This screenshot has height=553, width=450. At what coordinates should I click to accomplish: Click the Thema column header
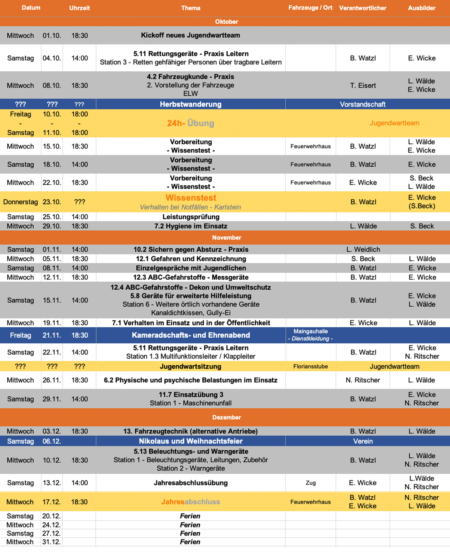click(x=191, y=8)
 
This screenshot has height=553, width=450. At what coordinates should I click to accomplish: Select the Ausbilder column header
click(x=422, y=8)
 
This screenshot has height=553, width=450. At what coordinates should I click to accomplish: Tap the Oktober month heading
click(x=226, y=22)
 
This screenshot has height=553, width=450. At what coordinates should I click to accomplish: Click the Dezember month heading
click(x=226, y=417)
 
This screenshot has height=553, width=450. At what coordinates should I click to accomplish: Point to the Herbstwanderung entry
click(x=191, y=104)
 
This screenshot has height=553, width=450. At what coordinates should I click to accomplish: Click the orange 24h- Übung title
click(x=191, y=123)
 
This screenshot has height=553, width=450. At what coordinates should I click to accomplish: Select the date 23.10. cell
click(x=52, y=202)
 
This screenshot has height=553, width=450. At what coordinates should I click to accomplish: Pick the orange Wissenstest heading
click(x=191, y=198)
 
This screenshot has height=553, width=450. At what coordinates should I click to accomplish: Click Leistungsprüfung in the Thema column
click(x=191, y=217)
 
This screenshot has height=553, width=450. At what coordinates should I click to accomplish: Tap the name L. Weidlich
click(x=363, y=249)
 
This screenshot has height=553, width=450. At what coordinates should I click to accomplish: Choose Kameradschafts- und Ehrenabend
click(x=191, y=335)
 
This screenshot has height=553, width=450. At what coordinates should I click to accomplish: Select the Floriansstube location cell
click(x=310, y=366)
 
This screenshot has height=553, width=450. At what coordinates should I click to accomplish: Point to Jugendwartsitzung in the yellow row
click(x=191, y=366)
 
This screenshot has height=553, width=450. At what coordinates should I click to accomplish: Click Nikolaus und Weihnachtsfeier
click(x=191, y=441)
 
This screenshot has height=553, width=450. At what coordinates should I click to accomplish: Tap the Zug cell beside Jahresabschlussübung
click(x=310, y=483)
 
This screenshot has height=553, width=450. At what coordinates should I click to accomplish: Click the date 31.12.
click(x=51, y=542)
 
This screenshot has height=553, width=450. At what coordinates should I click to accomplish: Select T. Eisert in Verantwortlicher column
click(x=363, y=85)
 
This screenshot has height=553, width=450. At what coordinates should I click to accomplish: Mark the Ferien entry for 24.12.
click(x=190, y=525)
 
